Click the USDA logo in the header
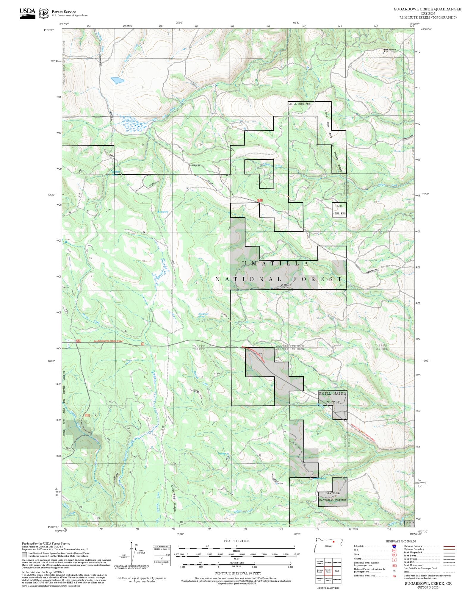(27, 13)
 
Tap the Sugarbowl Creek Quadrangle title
(428, 9)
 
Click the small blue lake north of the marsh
(118, 80)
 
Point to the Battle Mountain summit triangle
(383, 53)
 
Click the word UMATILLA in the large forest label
(275, 264)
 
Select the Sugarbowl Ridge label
(174, 501)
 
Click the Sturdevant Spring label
(203, 315)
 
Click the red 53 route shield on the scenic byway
(143, 344)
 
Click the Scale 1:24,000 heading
(237, 541)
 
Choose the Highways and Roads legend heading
(401, 541)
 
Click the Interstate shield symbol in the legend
(394, 546)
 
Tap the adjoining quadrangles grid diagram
(328, 571)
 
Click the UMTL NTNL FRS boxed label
(339, 210)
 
